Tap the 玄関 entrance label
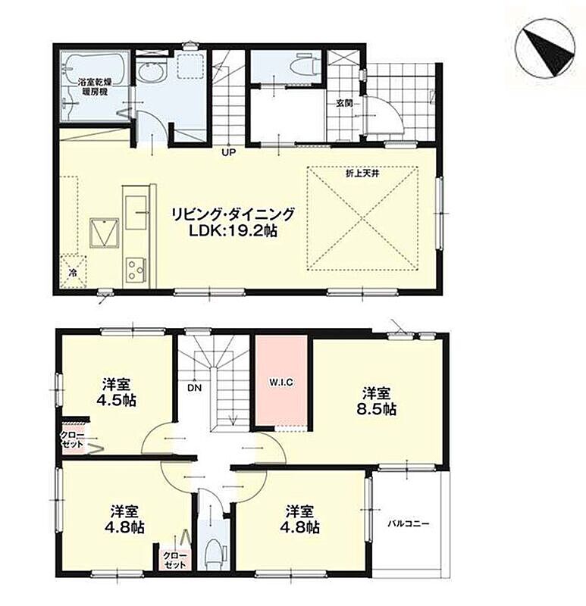click(343, 103)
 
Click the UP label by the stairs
click(228, 153)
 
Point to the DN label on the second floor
click(195, 387)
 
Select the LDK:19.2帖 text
click(232, 231)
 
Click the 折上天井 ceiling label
click(362, 173)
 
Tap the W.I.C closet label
click(281, 383)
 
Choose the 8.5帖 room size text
click(376, 409)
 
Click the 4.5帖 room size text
click(116, 400)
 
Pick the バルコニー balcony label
click(409, 524)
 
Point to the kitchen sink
click(136, 211)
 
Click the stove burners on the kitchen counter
click(136, 270)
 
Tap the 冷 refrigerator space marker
click(73, 273)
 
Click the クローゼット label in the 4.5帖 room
click(72, 439)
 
